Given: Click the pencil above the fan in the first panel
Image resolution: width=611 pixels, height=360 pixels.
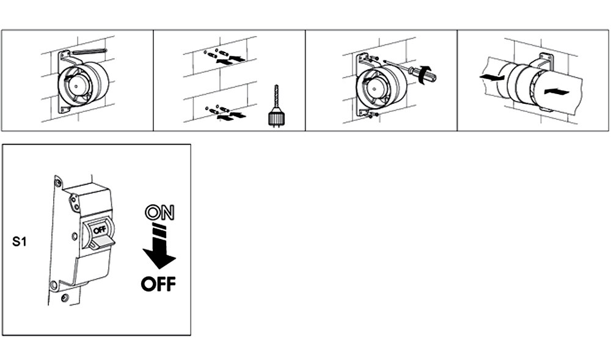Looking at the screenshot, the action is coord(89,51).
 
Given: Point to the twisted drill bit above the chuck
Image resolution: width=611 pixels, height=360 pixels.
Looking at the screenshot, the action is coord(277,97).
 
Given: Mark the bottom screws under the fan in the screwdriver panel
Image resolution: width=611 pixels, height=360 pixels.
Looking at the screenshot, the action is coord(371,114).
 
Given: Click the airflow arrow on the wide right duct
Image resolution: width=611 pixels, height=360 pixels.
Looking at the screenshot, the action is coord(557,92).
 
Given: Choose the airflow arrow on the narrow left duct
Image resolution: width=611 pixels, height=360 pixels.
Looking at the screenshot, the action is coord(492,78).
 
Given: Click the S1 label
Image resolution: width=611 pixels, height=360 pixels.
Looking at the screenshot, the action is coord(19,241).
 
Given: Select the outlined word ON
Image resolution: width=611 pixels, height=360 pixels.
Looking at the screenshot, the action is coord(159,213).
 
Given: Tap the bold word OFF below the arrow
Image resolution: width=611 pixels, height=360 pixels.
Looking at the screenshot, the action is coord(158,284).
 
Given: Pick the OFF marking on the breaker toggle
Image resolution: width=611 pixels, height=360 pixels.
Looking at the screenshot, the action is coord(100,229).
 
